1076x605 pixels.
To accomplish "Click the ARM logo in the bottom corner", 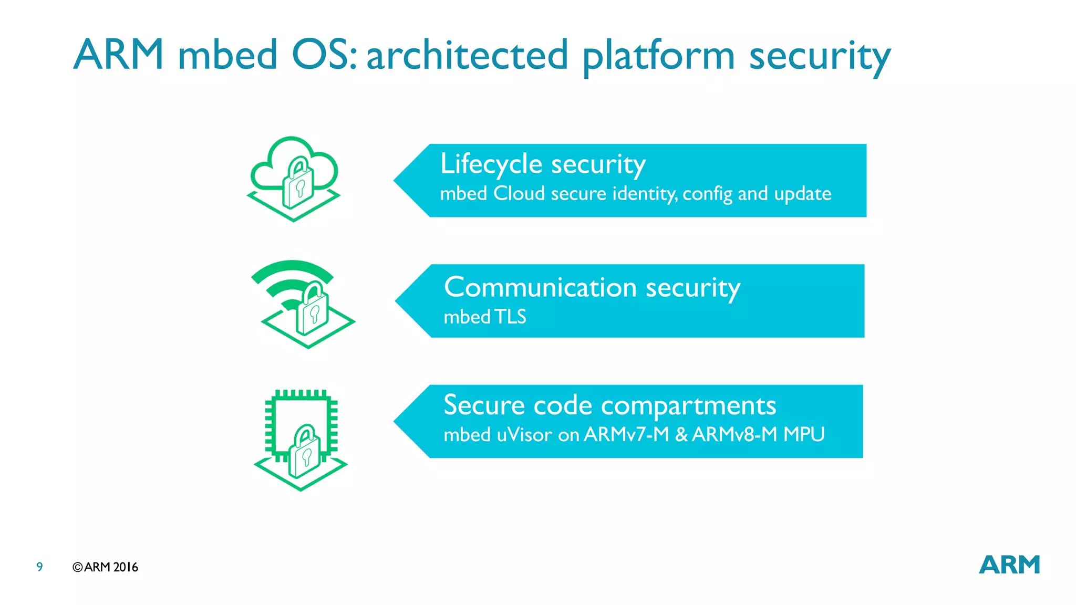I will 1009,565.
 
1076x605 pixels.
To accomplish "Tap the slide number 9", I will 39,567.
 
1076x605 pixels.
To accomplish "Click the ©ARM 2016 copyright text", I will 105,567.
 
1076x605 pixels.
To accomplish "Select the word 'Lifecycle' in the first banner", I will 491,164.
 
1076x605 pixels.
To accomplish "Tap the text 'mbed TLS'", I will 484,317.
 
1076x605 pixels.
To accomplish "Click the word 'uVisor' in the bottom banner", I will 524,435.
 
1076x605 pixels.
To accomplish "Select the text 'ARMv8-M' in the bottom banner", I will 734,435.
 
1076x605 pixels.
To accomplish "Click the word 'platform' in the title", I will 658,56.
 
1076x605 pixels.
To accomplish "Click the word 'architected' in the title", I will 467,55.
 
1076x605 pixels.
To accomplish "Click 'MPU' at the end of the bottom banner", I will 803,435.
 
